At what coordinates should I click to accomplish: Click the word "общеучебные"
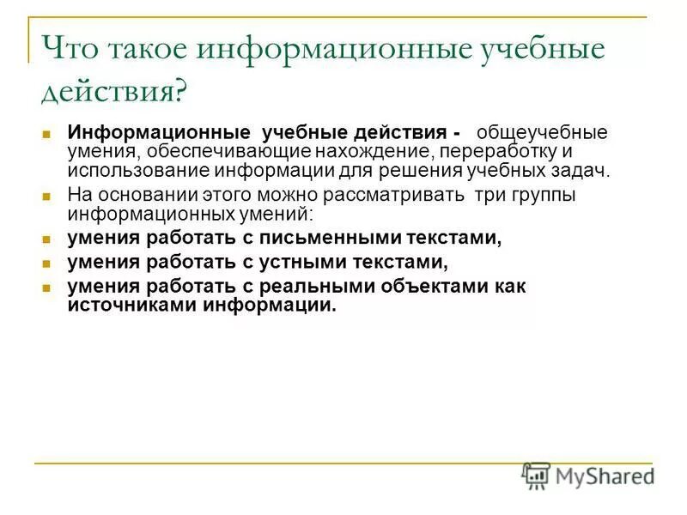point(542,133)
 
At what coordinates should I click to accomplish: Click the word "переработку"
point(486,152)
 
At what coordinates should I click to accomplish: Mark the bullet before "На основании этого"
point(48,197)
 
